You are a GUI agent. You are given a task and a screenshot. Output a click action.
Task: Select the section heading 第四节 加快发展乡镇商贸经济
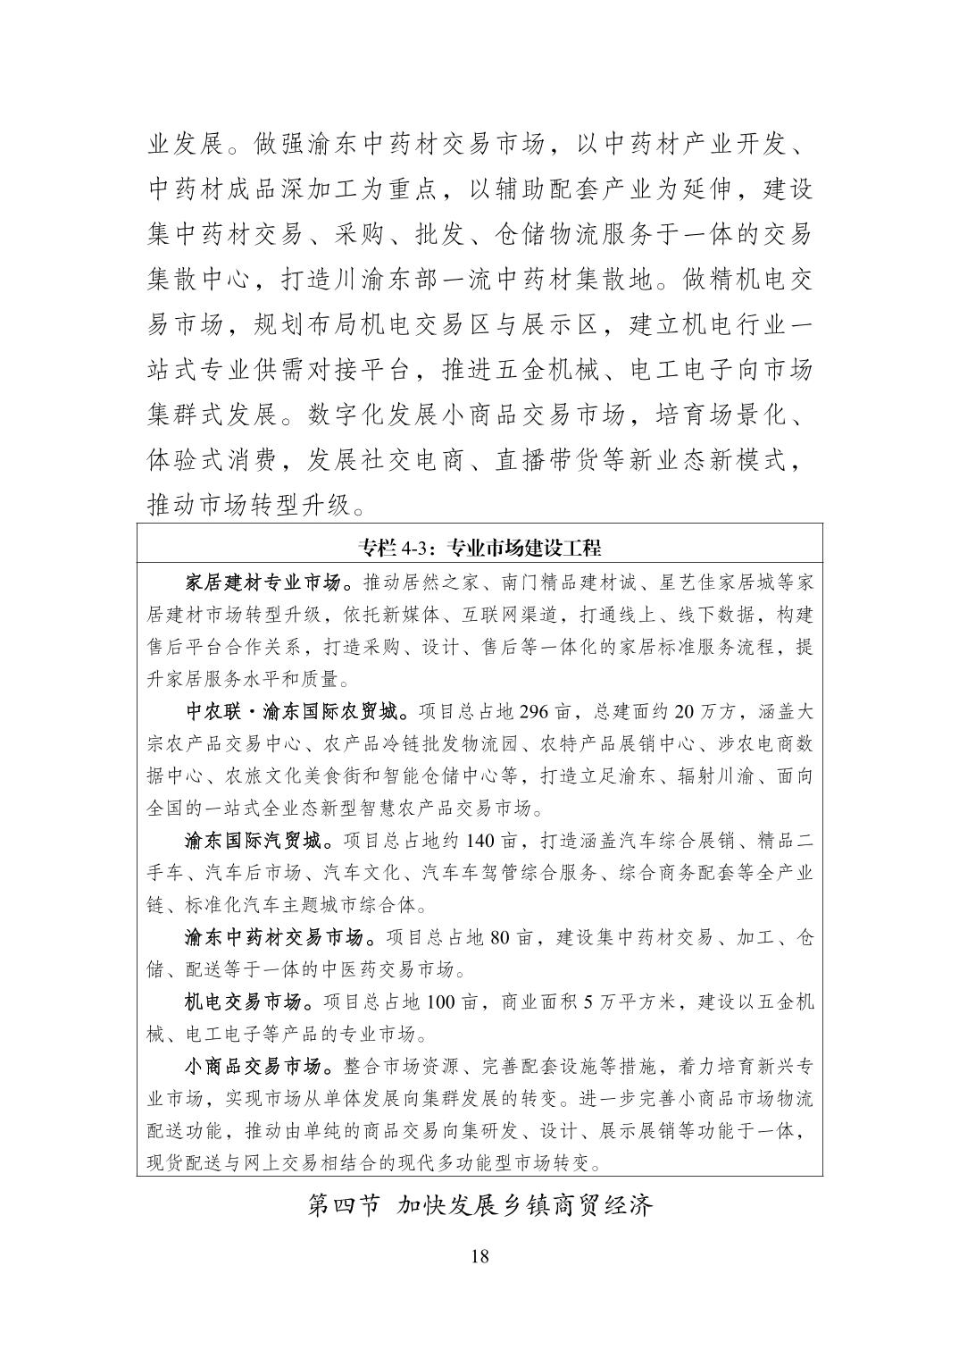(x=479, y=1205)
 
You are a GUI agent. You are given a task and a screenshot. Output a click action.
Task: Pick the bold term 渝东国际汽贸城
(x=255, y=841)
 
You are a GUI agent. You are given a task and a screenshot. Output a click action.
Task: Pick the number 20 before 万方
(x=685, y=712)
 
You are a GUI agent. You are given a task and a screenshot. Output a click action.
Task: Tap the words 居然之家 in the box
(x=434, y=583)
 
